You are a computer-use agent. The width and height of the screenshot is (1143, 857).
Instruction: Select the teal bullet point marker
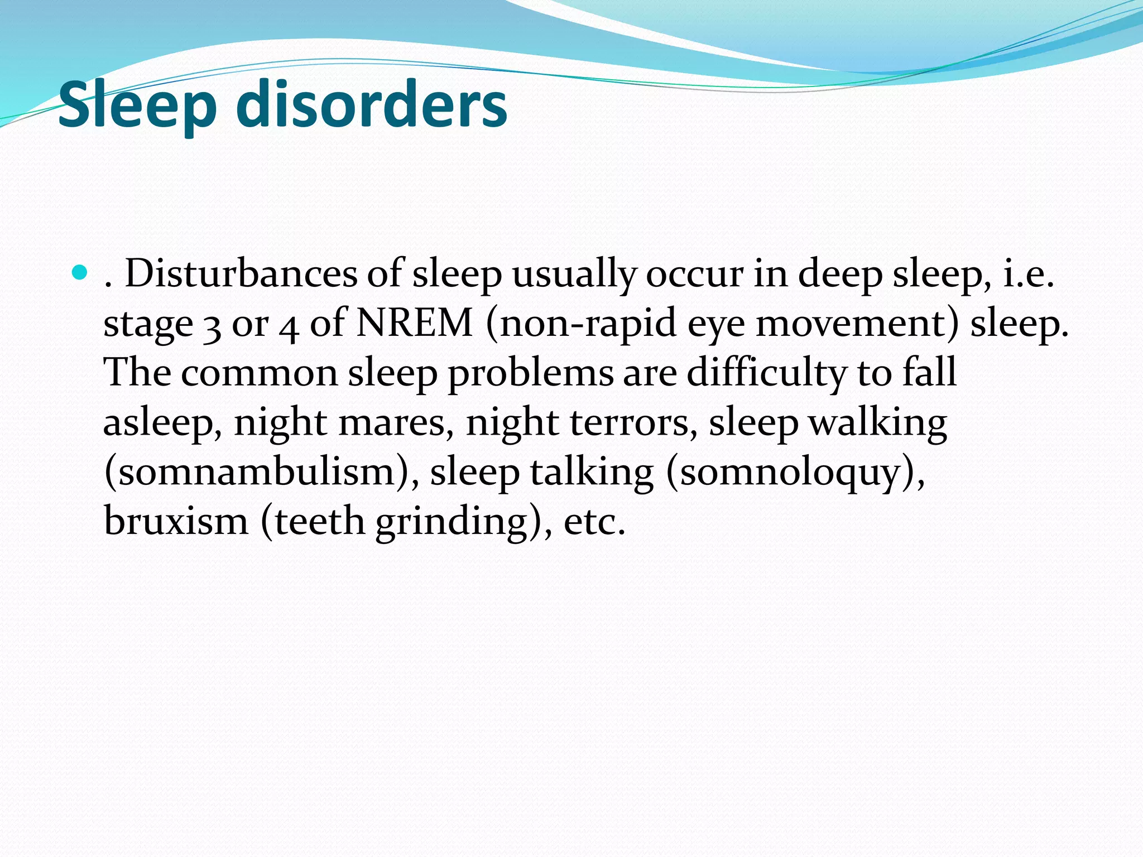[x=80, y=273]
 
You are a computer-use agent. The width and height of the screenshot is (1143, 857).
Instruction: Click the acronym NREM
[x=414, y=323]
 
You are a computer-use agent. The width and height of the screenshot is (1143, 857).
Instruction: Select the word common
[x=259, y=373]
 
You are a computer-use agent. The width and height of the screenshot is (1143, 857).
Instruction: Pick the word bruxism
[x=176, y=521]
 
